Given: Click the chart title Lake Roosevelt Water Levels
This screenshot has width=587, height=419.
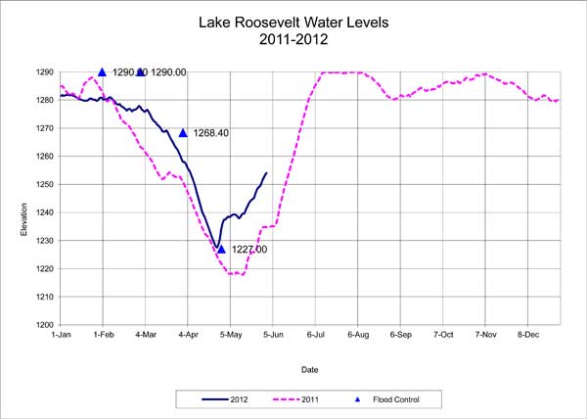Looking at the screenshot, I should click(x=293, y=22).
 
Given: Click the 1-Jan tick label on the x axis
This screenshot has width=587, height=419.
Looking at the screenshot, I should click(x=60, y=335).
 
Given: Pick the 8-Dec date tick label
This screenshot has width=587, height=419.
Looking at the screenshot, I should click(x=529, y=335).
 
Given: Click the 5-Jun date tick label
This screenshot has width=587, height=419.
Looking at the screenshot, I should click(x=273, y=335).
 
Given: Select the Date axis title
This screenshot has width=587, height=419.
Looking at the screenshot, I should click(x=309, y=370).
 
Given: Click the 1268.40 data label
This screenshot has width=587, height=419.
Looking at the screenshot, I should click(x=210, y=133).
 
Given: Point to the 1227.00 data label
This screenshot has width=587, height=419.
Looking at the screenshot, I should click(x=248, y=250).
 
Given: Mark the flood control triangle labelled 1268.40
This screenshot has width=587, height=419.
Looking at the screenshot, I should click(x=183, y=133).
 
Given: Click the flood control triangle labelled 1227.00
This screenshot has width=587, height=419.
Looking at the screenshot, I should click(x=221, y=250).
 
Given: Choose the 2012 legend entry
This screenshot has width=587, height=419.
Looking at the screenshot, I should click(x=231, y=398).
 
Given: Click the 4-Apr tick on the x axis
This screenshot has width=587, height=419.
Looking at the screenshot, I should click(x=188, y=335).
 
